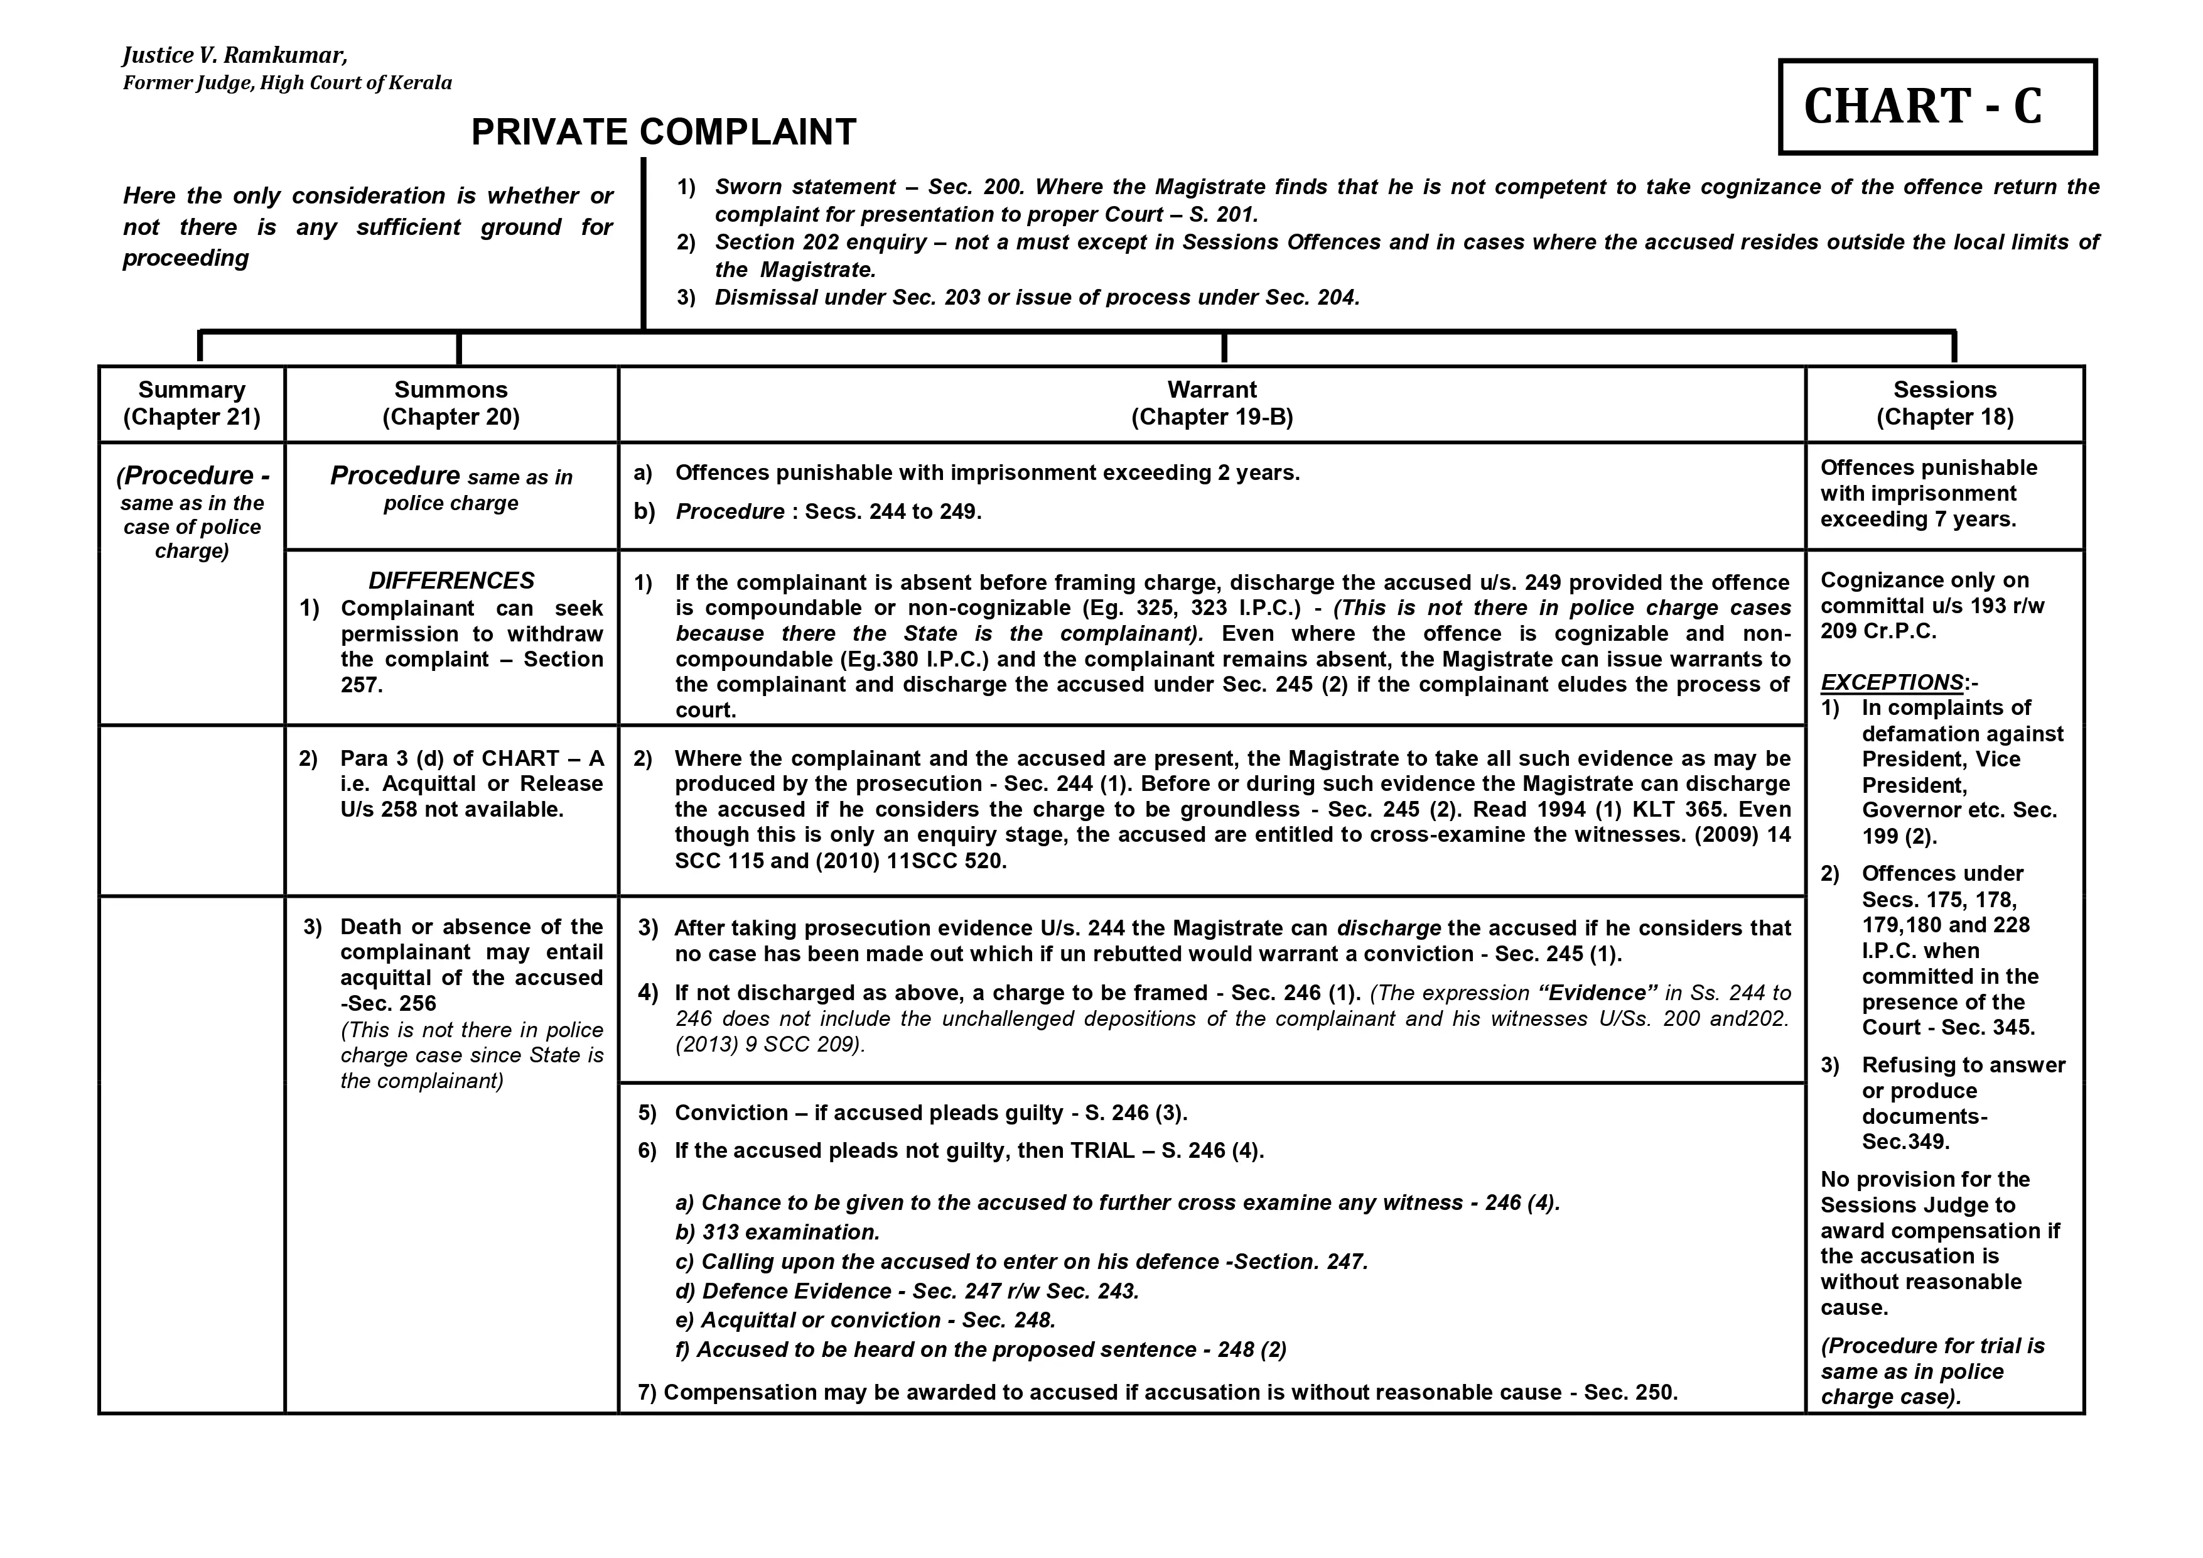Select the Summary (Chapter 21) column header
(x=192, y=403)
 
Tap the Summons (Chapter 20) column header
(x=451, y=403)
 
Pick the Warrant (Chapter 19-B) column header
(x=1212, y=403)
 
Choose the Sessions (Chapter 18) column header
(x=1945, y=403)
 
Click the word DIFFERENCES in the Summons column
(x=451, y=580)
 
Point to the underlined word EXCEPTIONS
(x=1891, y=682)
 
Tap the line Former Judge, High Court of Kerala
(x=287, y=82)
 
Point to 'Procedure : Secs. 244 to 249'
(x=828, y=511)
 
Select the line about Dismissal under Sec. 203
(x=1037, y=298)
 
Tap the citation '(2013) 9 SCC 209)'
(x=770, y=1045)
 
